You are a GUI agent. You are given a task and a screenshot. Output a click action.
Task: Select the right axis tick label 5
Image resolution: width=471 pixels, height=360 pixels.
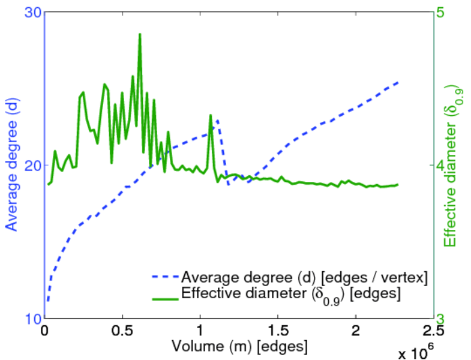click(447, 13)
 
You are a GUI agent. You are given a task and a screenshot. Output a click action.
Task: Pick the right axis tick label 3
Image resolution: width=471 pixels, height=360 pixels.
click(447, 319)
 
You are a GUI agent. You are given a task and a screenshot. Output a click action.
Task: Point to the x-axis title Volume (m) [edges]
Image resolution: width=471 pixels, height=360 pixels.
click(240, 347)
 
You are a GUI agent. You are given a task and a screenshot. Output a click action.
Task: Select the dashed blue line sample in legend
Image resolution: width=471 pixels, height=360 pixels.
click(164, 278)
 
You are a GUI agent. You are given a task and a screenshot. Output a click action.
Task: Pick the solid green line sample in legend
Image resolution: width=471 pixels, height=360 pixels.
click(164, 296)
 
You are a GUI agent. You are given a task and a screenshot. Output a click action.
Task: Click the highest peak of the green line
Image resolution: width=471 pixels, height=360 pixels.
click(140, 35)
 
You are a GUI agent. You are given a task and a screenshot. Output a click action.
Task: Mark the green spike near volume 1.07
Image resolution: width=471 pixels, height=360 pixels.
click(211, 115)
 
